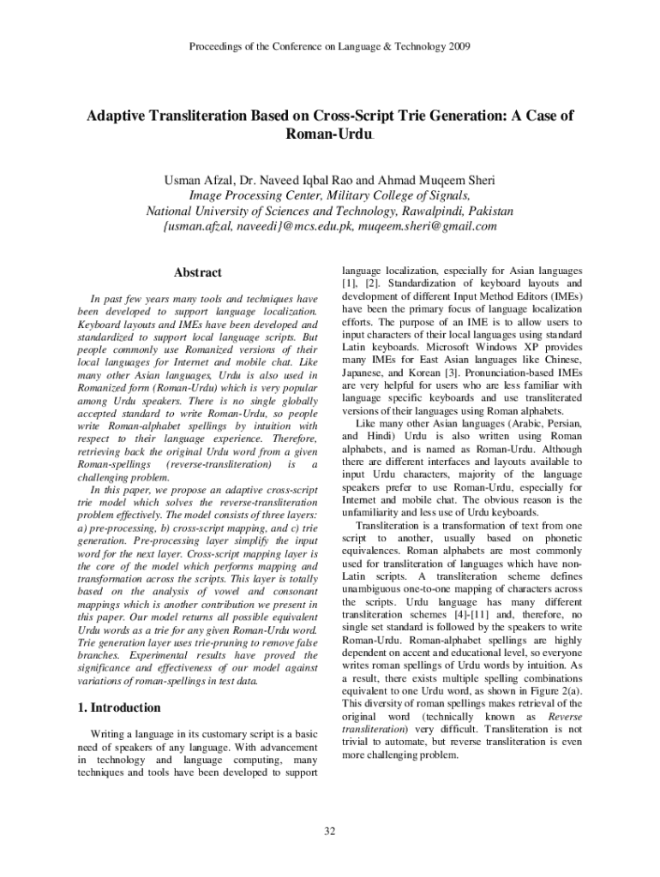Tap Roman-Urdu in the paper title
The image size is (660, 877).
328,135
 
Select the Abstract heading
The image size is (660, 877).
198,272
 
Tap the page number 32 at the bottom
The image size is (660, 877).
330,830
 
